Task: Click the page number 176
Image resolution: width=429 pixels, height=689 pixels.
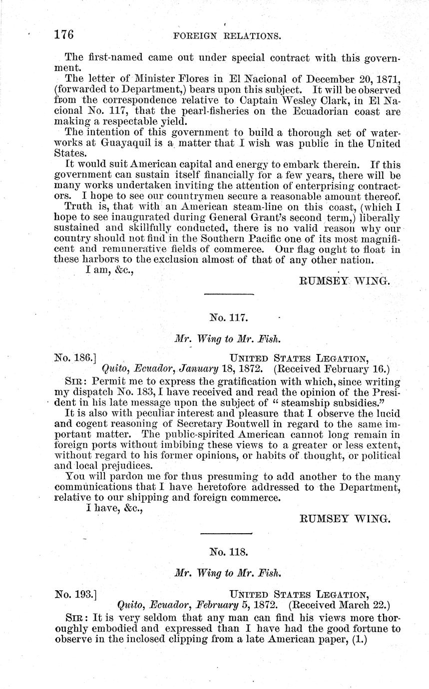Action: (64, 34)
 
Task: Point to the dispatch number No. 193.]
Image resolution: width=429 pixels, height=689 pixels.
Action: (75, 594)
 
